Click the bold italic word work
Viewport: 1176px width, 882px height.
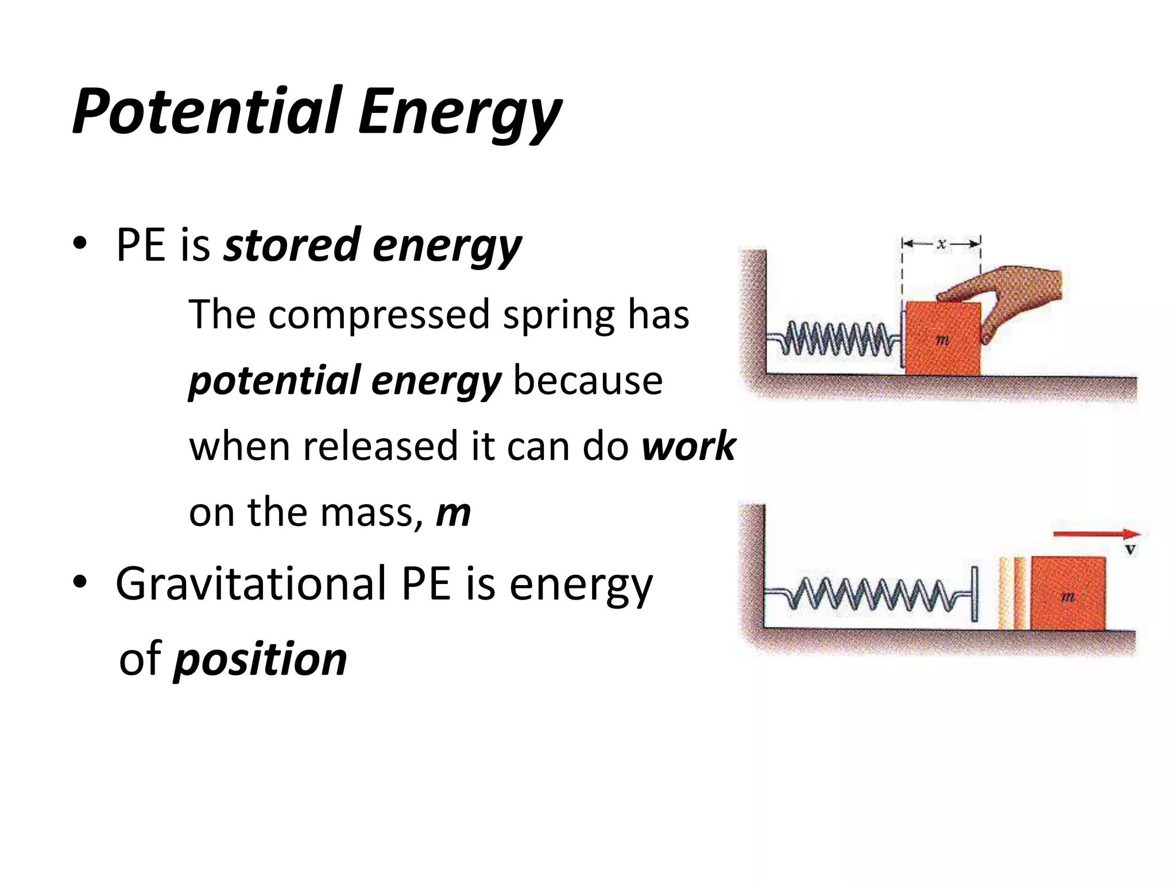point(688,446)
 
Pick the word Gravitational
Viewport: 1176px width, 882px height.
point(250,584)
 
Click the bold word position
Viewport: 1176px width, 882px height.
point(260,659)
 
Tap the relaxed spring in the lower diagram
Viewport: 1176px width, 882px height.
point(873,594)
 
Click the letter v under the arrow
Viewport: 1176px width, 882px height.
point(1130,550)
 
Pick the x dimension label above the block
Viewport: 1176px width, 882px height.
point(941,244)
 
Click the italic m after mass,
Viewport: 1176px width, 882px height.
point(453,512)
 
